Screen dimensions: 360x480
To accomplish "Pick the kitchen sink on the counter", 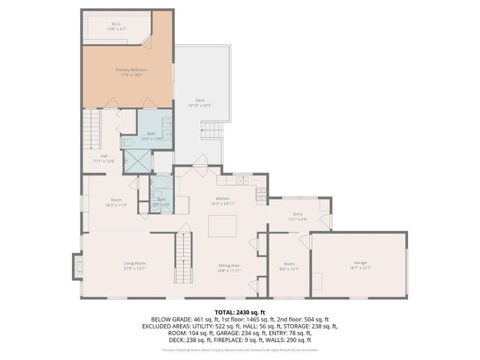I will (x=241, y=180).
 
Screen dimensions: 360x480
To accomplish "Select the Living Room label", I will (x=134, y=263).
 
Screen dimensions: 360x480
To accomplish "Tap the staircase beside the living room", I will (x=184, y=255).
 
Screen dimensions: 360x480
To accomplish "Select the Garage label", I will (x=360, y=263).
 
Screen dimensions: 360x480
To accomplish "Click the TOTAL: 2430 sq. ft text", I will (x=239, y=311).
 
